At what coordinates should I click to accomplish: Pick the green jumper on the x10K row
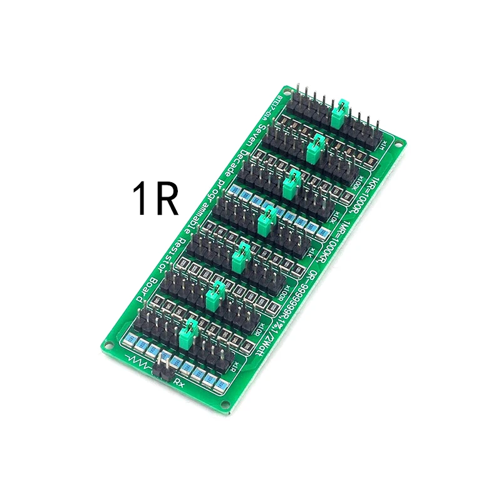(x=291, y=183)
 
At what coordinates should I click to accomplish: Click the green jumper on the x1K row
(x=267, y=219)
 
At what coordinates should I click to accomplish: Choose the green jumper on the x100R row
(x=240, y=256)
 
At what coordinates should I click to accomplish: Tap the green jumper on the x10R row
(x=216, y=292)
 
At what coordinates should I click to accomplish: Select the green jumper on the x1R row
(x=190, y=329)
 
